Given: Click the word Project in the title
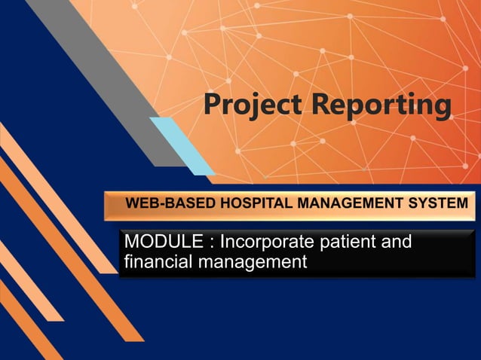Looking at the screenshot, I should [250, 105].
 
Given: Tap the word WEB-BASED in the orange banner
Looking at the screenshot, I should [160, 203].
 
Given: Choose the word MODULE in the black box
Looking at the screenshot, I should [158, 243].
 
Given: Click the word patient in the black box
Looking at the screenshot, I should [343, 243].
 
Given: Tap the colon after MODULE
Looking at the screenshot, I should [204, 244].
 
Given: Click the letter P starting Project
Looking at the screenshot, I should [211, 105].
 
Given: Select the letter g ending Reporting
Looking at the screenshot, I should [441, 108].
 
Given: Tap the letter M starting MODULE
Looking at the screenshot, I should [131, 243].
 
